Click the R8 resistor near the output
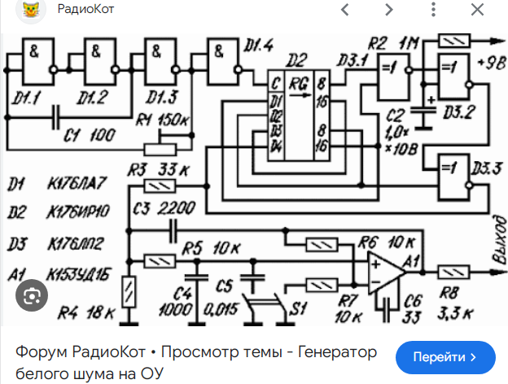pyautogui.click(x=453, y=272)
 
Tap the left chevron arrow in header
pyautogui.click(x=345, y=11)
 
